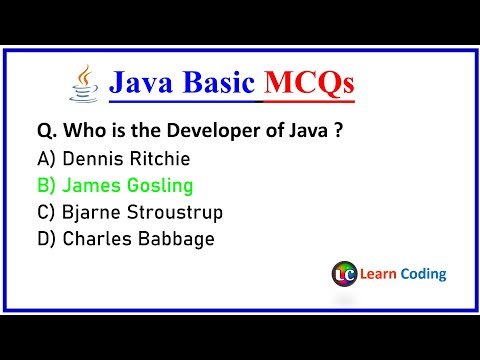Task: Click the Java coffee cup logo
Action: [83, 84]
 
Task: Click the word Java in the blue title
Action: [143, 85]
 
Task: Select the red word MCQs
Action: [308, 86]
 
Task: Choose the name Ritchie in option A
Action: [159, 158]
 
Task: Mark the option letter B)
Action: [46, 185]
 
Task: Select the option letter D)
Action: [46, 239]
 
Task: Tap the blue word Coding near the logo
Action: [425, 274]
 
